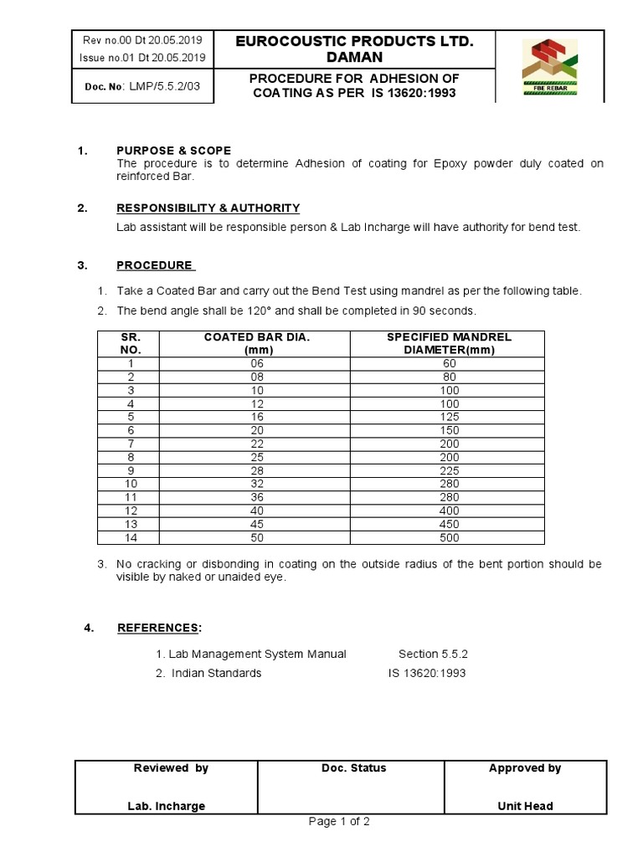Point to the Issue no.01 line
141,57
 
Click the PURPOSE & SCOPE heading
173,151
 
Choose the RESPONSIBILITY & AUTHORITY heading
208,208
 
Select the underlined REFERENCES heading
159,628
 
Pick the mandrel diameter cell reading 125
450,417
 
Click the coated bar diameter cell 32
256,484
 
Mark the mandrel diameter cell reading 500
450,537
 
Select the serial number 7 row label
131,444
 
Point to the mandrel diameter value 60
450,363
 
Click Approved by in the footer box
524,768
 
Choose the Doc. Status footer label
353,768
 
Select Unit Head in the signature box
524,806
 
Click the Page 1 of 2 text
339,821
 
